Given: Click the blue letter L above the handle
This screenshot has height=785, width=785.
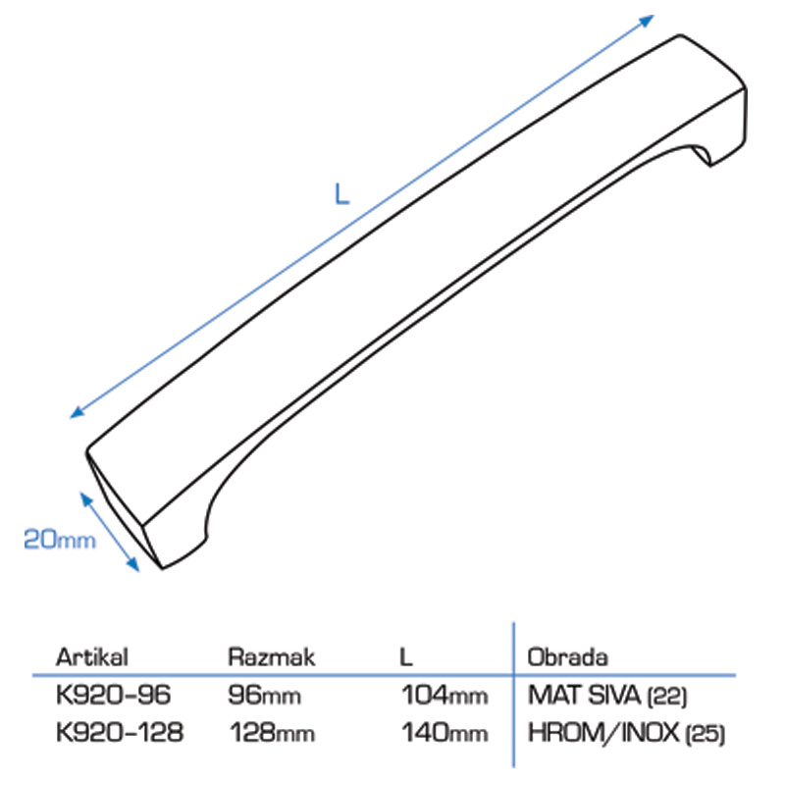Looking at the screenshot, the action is click(341, 193).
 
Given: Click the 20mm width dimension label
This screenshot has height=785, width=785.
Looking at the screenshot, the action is click(60, 539).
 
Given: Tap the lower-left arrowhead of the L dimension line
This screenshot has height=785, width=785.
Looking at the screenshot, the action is click(78, 412).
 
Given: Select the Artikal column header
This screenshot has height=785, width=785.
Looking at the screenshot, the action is click(92, 656).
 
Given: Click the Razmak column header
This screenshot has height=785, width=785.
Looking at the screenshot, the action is click(272, 656).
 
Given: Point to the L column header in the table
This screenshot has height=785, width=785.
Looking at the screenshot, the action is click(406, 656).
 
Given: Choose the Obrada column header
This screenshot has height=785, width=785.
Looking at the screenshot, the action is click(568, 656).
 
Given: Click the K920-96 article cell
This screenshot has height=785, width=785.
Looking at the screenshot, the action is click(113, 695).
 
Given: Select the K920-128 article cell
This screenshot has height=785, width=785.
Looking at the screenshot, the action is click(120, 732).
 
